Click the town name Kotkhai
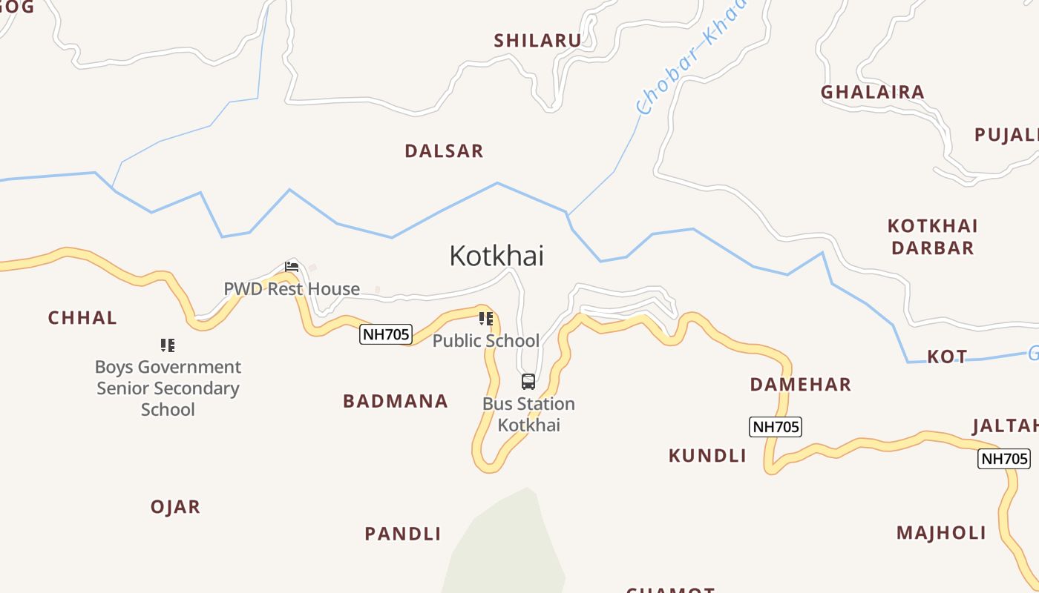click(496, 256)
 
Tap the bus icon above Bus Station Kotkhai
click(528, 382)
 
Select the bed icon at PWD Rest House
click(292, 267)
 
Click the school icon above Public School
click(486, 319)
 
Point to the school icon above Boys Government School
click(168, 345)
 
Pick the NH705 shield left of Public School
click(386, 334)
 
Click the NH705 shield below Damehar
click(776, 427)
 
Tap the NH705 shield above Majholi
click(1004, 459)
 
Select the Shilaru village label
click(538, 41)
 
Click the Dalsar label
click(444, 151)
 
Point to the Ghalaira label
click(873, 93)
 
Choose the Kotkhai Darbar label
click(933, 236)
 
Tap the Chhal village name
click(82, 318)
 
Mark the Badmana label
click(396, 402)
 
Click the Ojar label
click(176, 507)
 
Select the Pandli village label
click(403, 534)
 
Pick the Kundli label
click(707, 456)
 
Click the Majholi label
click(941, 533)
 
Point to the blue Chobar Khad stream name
click(690, 59)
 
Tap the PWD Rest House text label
click(292, 289)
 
